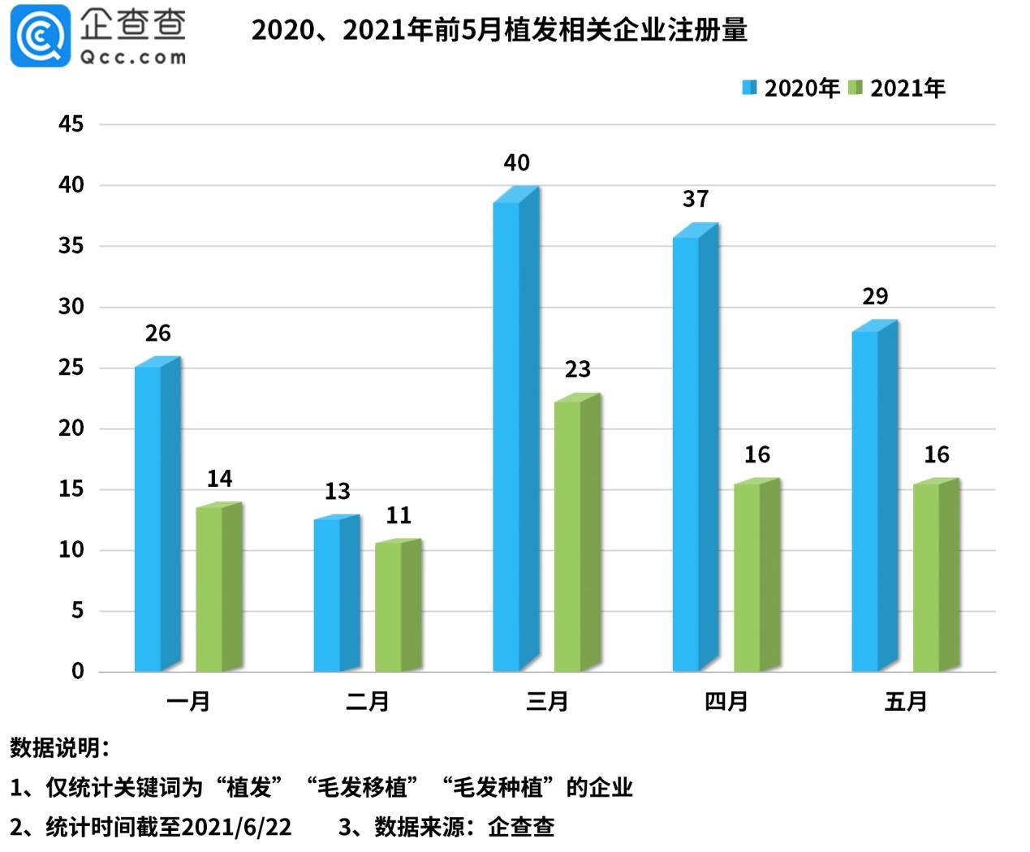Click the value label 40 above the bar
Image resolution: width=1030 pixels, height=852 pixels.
516,163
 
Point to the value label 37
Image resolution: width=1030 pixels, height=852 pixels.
696,200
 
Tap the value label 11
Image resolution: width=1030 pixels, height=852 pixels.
399,515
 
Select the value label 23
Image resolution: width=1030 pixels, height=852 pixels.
577,370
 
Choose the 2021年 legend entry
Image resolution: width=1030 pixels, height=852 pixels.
898,88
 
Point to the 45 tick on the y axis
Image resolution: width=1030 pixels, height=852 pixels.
71,124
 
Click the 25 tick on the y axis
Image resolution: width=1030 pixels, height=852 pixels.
71,368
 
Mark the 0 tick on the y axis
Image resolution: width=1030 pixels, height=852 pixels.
78,671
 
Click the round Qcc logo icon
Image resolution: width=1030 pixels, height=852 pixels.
40,36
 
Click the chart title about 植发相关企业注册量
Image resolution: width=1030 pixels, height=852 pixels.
499,30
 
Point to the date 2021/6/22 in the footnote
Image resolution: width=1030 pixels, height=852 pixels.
236,827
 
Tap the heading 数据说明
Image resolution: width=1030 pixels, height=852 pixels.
58,747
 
